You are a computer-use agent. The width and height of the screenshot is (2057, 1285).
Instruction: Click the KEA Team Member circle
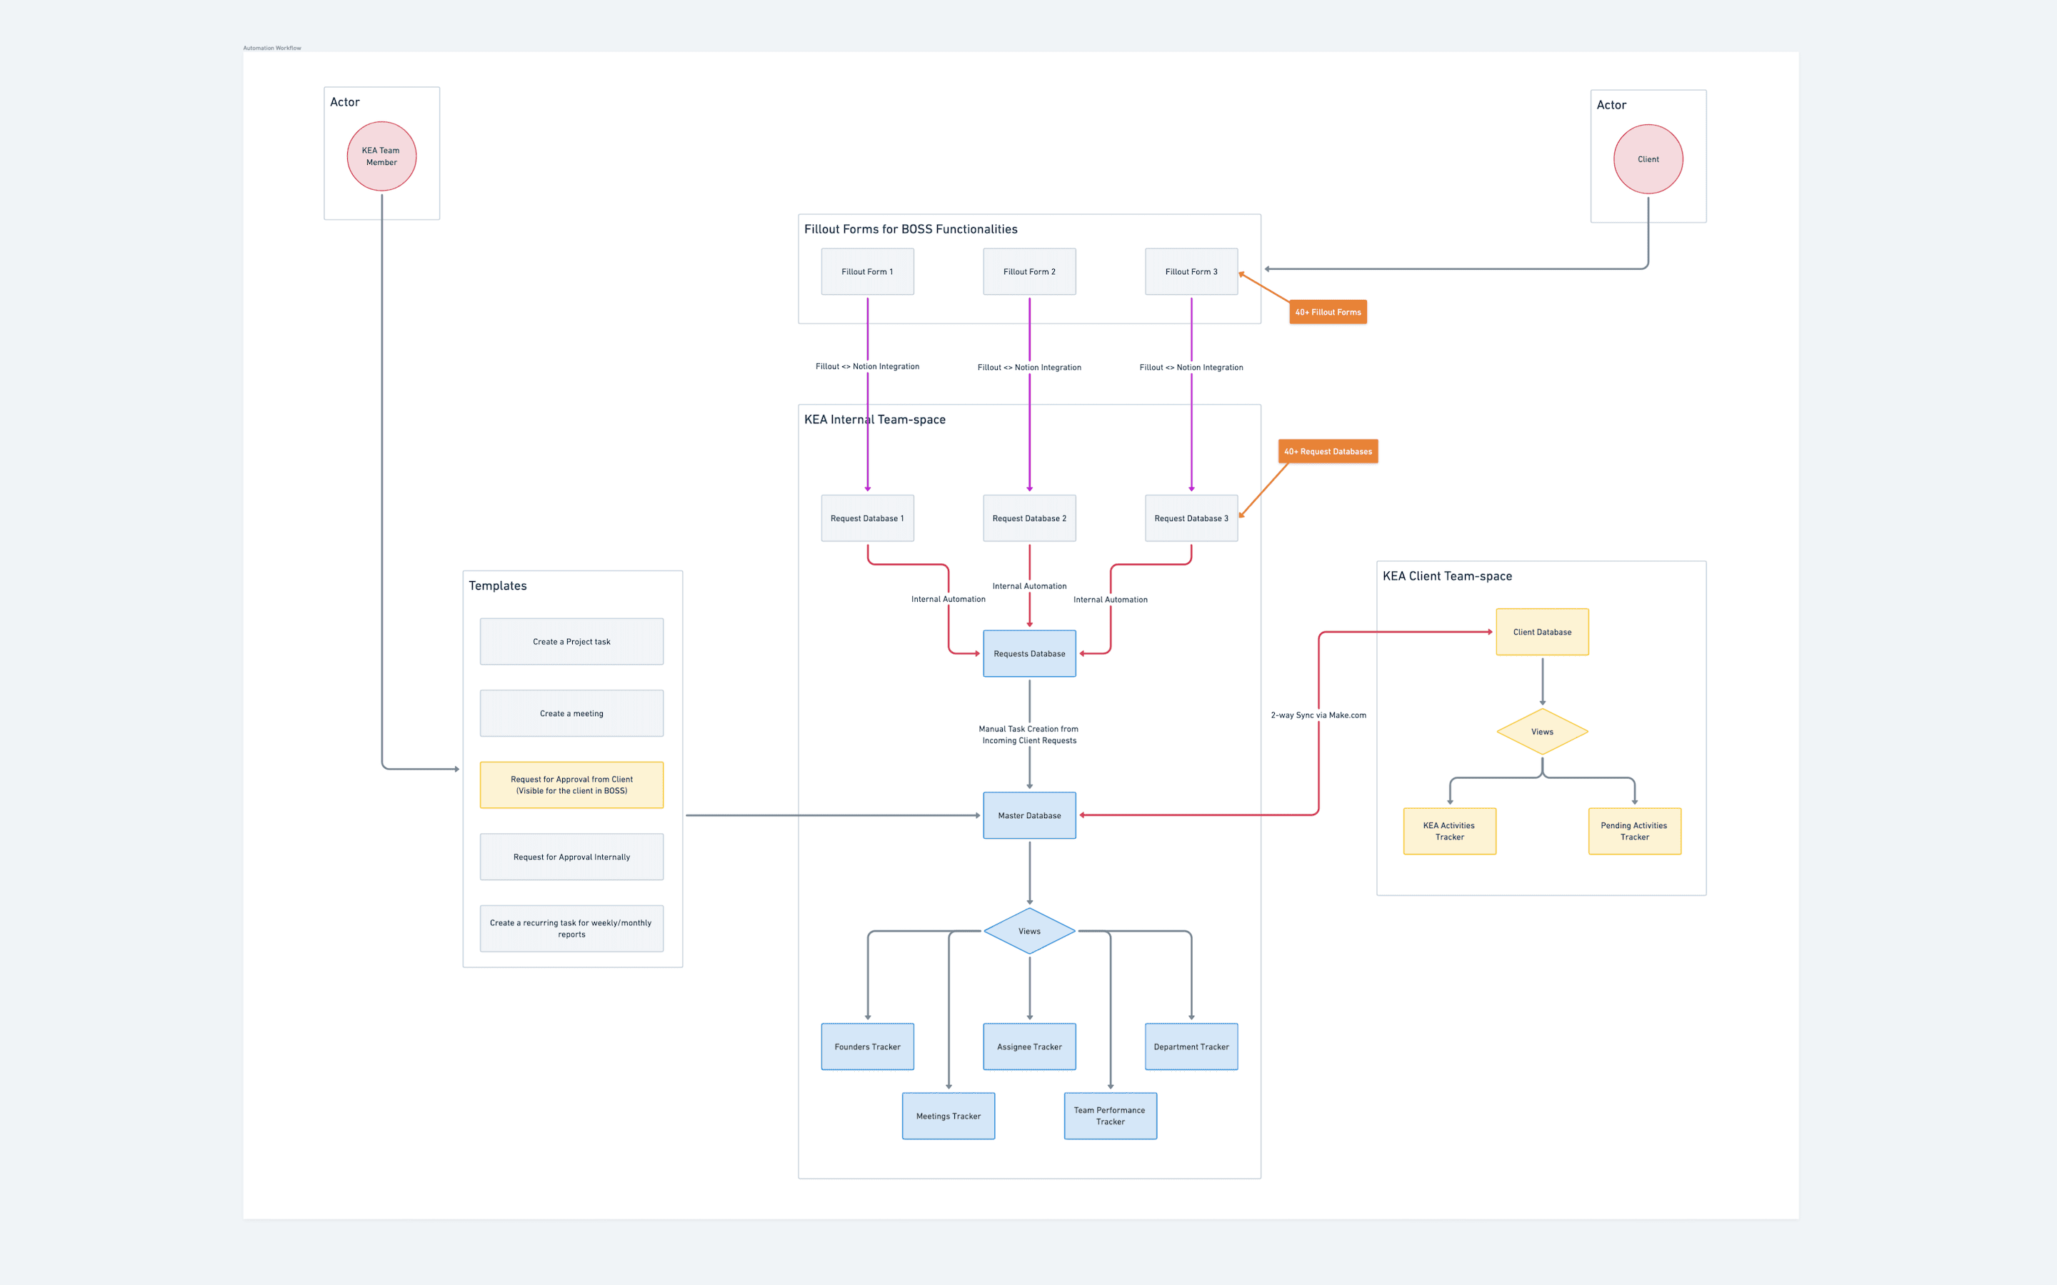[x=381, y=156]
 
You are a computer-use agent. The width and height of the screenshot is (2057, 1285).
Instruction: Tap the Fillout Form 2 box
[x=1028, y=272]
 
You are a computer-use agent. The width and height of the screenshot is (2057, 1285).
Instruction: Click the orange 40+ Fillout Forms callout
[x=1328, y=312]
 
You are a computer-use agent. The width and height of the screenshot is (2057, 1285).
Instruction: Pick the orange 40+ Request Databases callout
[x=1328, y=451]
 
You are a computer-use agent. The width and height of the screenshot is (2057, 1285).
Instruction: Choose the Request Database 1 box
[x=867, y=518]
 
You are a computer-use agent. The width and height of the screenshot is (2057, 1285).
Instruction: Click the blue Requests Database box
[x=1028, y=653]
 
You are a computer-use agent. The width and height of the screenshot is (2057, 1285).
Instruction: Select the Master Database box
[x=1028, y=815]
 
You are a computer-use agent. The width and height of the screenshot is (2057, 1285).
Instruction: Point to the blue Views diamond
[x=1028, y=931]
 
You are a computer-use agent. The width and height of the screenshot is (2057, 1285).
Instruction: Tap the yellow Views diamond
[x=1542, y=732]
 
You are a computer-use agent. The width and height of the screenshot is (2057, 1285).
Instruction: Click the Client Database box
[x=1542, y=633]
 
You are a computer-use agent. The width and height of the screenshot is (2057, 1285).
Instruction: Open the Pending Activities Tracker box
[x=1633, y=831]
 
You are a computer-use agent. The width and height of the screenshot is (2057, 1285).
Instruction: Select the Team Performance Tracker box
[x=1109, y=1116]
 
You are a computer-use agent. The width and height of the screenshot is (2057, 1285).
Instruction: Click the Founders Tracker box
[x=867, y=1046]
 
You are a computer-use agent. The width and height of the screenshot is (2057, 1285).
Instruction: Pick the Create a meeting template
[x=571, y=713]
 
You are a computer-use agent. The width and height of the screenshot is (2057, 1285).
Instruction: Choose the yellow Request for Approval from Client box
[x=571, y=785]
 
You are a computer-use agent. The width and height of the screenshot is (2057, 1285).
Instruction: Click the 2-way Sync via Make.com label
[x=1318, y=715]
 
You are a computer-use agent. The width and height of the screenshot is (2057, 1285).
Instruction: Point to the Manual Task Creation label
[x=1028, y=735]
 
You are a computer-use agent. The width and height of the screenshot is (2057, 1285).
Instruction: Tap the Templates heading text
[x=497, y=585]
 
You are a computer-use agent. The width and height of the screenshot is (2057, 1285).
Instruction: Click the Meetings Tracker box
[x=948, y=1116]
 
